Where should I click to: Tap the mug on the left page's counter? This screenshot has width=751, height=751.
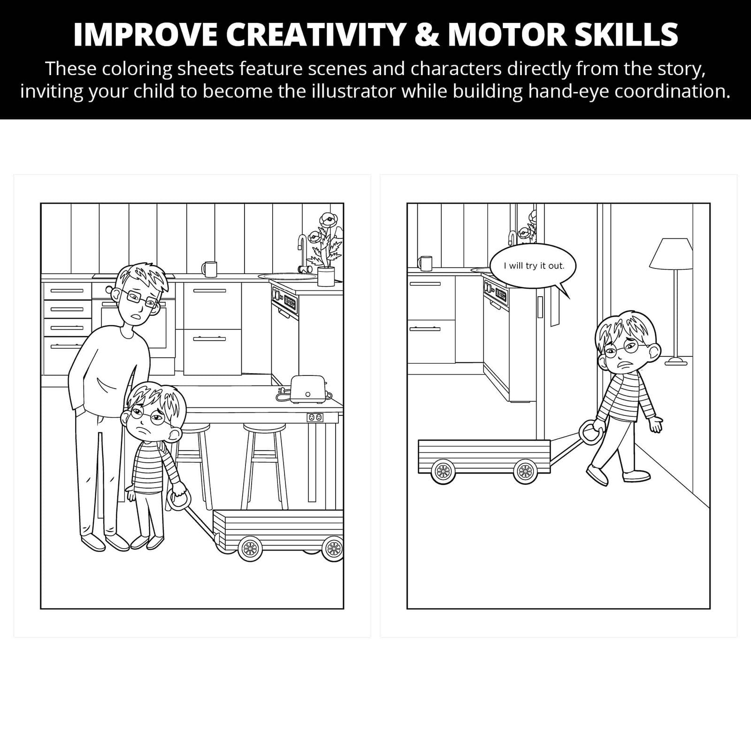209,269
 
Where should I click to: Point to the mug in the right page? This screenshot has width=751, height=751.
426,263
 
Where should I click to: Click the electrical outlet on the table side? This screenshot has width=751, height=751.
315,417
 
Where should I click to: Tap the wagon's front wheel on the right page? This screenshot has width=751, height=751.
525,471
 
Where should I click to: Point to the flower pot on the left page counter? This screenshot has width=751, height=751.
326,276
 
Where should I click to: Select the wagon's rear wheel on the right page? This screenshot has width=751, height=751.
443,471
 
